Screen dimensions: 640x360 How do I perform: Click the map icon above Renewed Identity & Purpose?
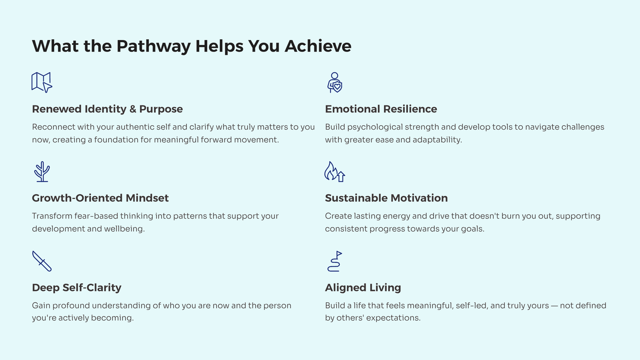[x=42, y=82]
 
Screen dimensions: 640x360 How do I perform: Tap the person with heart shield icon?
[x=335, y=82]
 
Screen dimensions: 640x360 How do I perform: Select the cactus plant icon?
[x=42, y=172]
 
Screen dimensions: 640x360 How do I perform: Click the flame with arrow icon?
[x=335, y=172]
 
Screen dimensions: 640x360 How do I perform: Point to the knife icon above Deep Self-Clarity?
[x=42, y=261]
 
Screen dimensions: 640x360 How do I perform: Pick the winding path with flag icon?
[x=335, y=261]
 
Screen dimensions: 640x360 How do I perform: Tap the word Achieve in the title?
[x=318, y=46]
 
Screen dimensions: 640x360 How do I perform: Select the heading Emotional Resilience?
[x=381, y=109]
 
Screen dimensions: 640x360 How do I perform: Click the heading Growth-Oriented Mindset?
[x=100, y=198]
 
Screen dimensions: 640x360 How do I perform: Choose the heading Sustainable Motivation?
[x=386, y=198]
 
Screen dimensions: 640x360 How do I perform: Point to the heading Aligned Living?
[x=363, y=288]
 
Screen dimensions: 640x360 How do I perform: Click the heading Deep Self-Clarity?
[x=76, y=288]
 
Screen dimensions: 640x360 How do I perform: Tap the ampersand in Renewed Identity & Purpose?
[x=133, y=109]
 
